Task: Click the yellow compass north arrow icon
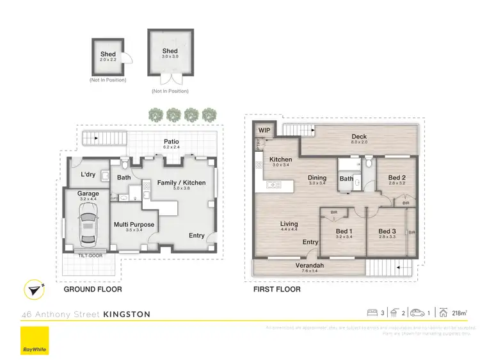pyautogui.click(x=33, y=289)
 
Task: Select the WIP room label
pyautogui.click(x=264, y=131)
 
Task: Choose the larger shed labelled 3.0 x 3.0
pyautogui.click(x=170, y=55)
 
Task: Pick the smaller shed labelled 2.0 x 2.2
pyautogui.click(x=108, y=58)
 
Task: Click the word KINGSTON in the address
pyautogui.click(x=127, y=315)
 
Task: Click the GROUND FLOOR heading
pyautogui.click(x=93, y=290)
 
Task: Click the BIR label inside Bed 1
pyautogui.click(x=333, y=212)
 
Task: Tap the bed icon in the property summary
pyautogui.click(x=372, y=313)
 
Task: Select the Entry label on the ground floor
pyautogui.click(x=196, y=236)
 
